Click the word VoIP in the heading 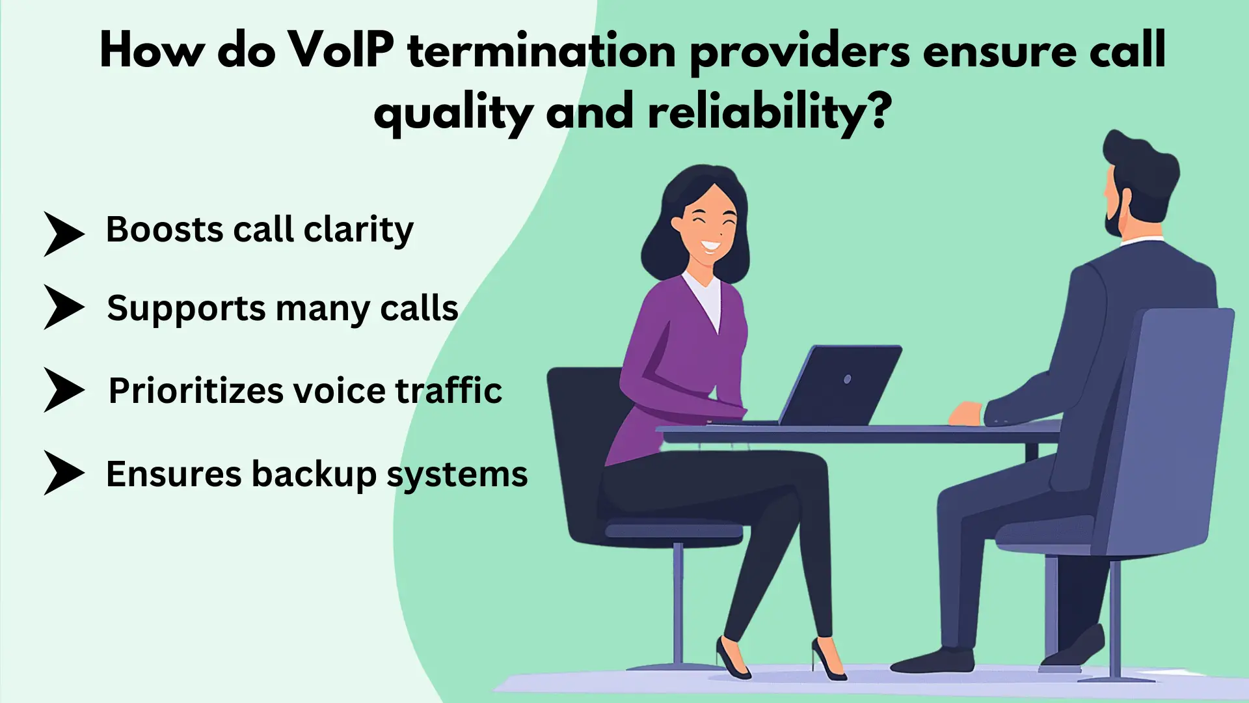click(340, 51)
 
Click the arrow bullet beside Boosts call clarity click(64, 234)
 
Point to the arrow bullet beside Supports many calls click(64, 307)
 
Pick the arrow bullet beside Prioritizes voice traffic click(64, 390)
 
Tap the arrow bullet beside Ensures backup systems click(64, 473)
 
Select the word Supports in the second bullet click(186, 309)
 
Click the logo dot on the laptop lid click(847, 379)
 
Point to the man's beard click(1113, 215)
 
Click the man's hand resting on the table click(965, 413)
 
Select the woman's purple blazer click(677, 365)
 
